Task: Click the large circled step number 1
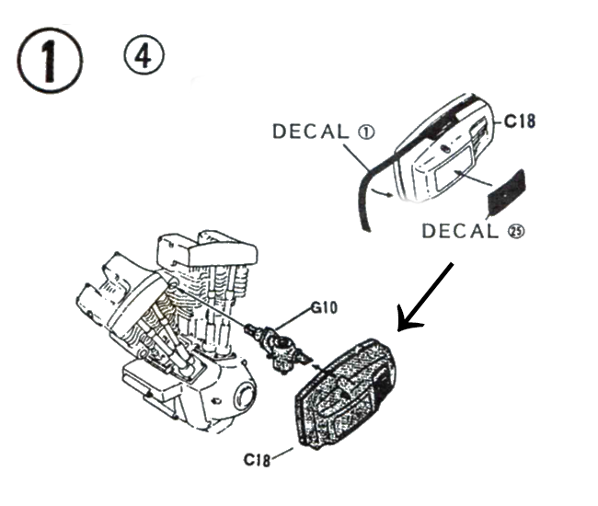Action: [x=50, y=60]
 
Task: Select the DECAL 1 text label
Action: [x=324, y=132]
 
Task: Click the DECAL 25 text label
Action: [x=473, y=231]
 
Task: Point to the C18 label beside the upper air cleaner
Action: [x=520, y=121]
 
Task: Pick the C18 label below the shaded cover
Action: [x=257, y=459]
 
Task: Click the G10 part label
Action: [x=324, y=307]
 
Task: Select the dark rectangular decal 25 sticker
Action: [x=507, y=192]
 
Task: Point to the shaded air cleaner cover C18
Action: [x=345, y=393]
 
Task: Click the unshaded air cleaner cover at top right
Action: [x=444, y=149]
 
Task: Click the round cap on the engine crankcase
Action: [x=243, y=396]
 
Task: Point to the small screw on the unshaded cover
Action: [x=444, y=148]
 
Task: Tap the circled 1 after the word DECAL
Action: [x=366, y=132]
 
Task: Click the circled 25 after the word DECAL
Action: [x=516, y=232]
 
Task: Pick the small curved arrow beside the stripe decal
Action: [x=383, y=191]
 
